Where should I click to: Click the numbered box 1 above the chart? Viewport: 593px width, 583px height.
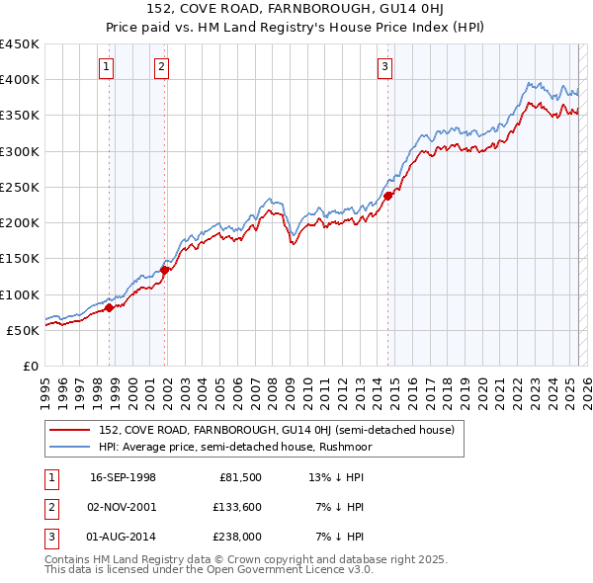point(106,67)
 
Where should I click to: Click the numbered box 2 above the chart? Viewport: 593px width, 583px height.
point(161,67)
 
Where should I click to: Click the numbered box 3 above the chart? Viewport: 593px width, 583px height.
point(384,67)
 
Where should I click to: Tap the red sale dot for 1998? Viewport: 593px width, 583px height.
point(110,307)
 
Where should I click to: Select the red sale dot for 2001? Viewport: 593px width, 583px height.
point(164,270)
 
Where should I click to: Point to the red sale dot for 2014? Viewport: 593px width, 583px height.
point(387,196)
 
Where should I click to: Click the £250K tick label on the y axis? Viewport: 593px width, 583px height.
point(20,187)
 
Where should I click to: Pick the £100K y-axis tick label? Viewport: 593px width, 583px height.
point(20,294)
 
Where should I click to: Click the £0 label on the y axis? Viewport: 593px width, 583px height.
point(31,366)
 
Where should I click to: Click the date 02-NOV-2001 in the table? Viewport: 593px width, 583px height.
point(123,507)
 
